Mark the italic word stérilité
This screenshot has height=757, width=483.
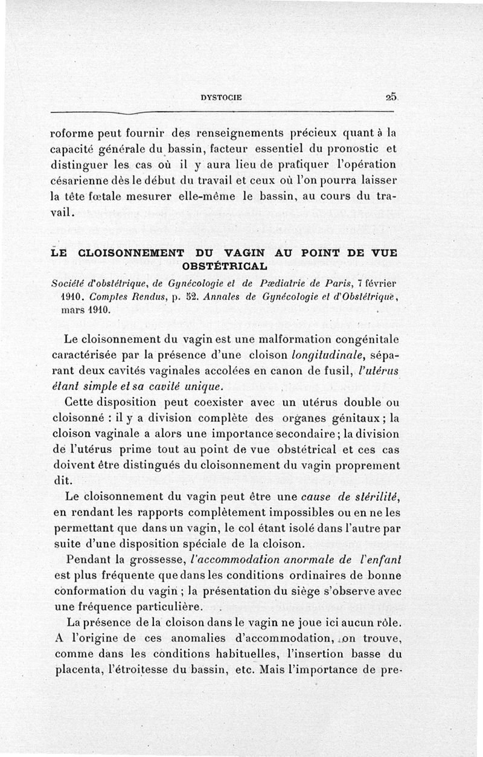coord(372,497)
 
